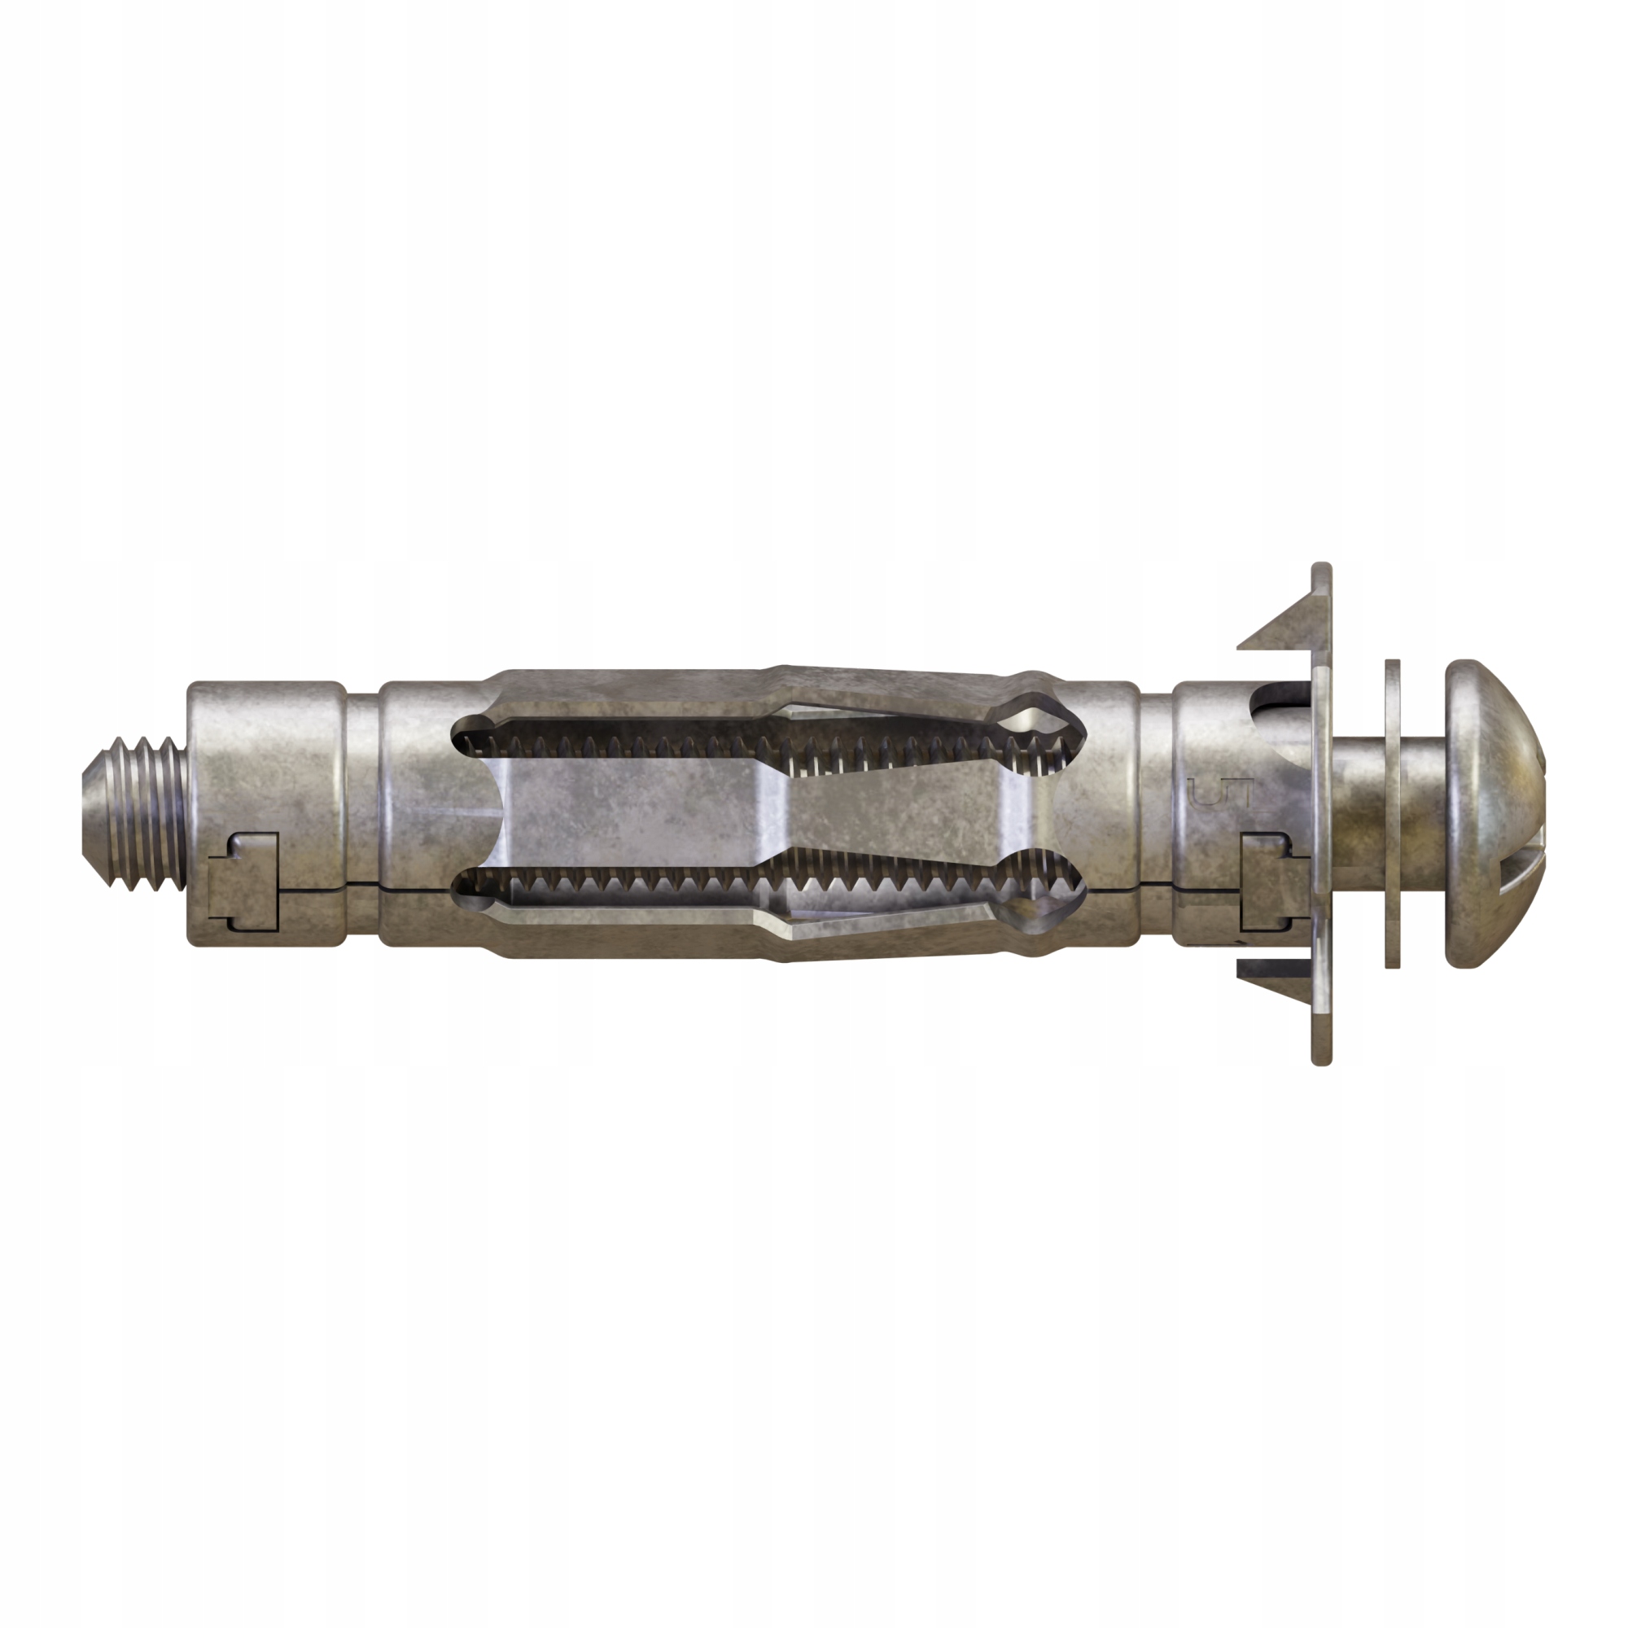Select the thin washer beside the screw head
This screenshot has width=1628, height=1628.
click(x=1392, y=814)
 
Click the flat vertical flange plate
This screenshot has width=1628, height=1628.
click(x=1321, y=814)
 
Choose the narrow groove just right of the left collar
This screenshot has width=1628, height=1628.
click(x=362, y=813)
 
